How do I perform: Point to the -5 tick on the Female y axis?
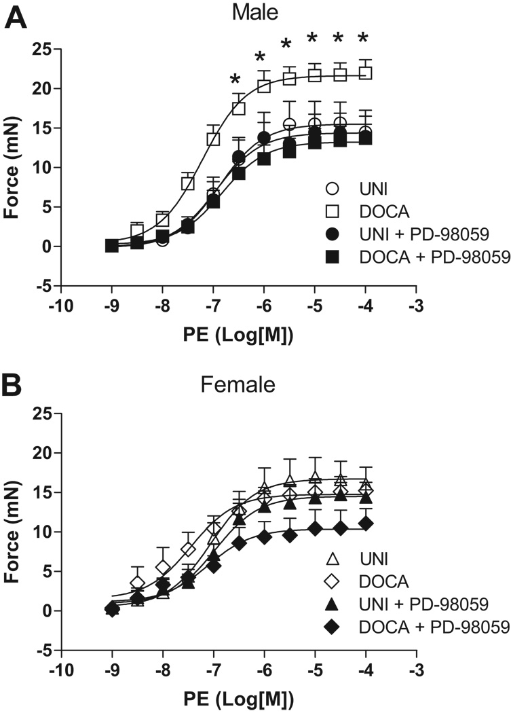click(x=45, y=650)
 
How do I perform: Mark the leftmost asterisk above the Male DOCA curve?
click(x=235, y=79)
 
